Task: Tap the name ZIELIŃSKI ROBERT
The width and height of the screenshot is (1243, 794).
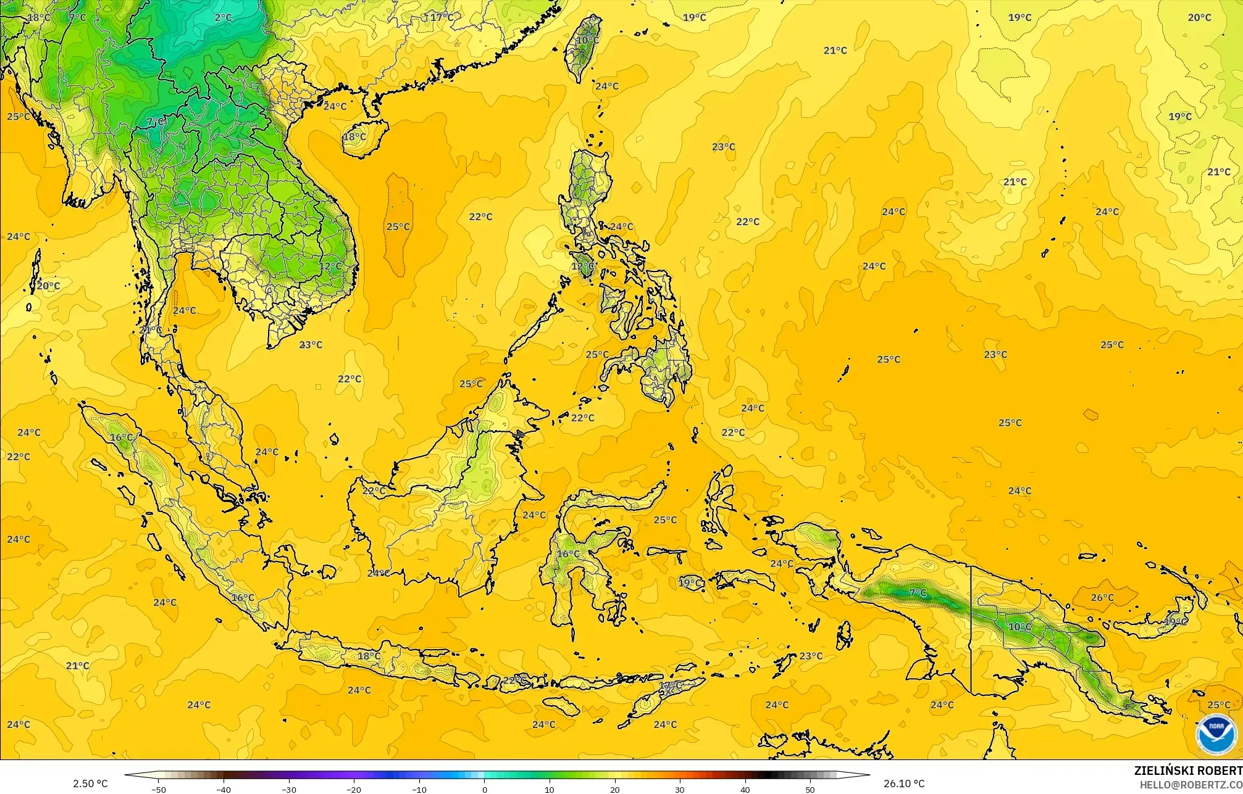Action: click(x=1187, y=771)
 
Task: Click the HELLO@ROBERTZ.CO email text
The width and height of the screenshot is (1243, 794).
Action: click(x=1191, y=784)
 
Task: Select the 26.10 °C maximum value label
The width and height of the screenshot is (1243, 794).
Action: click(x=903, y=784)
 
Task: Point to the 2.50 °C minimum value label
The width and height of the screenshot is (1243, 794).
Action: click(x=90, y=784)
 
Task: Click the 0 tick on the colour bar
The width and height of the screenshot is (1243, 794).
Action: click(x=485, y=789)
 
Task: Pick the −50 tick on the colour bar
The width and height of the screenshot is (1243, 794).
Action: click(x=159, y=789)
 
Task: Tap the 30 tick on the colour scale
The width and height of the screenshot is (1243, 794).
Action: click(x=680, y=789)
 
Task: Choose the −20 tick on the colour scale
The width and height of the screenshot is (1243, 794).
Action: click(x=354, y=789)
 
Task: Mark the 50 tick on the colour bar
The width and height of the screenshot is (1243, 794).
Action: click(x=810, y=789)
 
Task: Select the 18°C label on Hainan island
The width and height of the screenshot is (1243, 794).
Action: click(x=354, y=136)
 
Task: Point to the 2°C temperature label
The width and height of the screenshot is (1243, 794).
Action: click(x=224, y=18)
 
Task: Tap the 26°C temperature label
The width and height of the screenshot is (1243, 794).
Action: click(x=1102, y=597)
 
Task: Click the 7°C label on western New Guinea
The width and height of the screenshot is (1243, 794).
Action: click(x=918, y=593)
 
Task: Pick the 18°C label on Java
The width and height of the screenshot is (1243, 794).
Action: click(x=369, y=656)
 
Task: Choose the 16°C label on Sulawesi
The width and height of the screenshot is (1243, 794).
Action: click(x=568, y=554)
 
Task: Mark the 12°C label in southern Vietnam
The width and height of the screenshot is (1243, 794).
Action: click(x=330, y=266)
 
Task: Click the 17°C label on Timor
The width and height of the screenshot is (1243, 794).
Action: click(x=670, y=685)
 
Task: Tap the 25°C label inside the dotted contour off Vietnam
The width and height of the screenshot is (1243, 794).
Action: click(x=398, y=226)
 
